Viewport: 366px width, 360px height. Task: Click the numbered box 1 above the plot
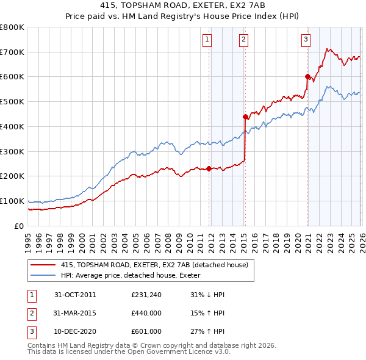coord(207,40)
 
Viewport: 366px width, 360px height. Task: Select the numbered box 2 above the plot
coord(243,40)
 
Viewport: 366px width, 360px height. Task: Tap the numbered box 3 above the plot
coord(305,40)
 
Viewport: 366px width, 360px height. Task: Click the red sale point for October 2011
coord(209,168)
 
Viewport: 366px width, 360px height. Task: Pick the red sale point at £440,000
coord(245,116)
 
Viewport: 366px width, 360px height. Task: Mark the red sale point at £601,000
coord(307,76)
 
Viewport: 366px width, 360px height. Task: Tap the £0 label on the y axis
coord(18,226)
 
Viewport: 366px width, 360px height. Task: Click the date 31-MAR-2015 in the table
coord(75,314)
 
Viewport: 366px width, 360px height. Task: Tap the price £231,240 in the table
coord(146,295)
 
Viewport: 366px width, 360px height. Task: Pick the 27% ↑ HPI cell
coord(207,332)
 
